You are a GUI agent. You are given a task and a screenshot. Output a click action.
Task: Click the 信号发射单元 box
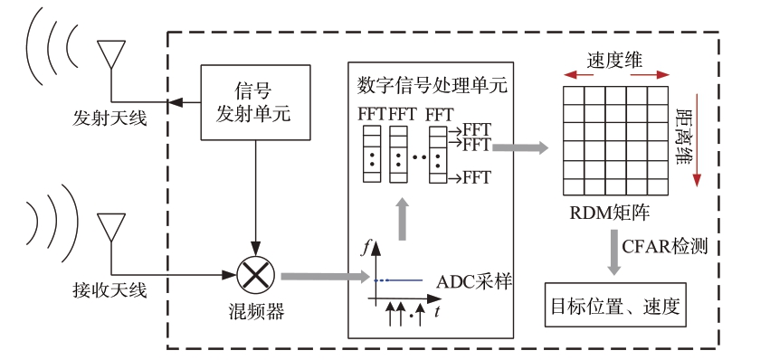point(255,102)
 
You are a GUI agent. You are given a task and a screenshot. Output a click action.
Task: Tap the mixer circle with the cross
point(256,276)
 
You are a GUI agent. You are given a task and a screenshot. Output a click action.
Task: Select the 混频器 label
point(256,311)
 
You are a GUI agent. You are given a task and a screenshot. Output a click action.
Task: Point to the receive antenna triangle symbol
point(111,227)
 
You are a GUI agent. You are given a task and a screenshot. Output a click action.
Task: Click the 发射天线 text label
point(109,118)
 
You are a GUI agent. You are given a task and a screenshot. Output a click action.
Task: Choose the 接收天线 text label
point(109,290)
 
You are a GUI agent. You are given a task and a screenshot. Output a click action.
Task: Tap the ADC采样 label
point(474,282)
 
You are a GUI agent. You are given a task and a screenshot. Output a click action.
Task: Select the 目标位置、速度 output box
point(615,305)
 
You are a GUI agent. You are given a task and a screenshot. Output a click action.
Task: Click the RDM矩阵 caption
point(610,213)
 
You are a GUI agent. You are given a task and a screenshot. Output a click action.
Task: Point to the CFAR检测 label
point(665,246)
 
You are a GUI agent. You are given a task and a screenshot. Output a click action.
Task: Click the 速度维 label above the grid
point(614,61)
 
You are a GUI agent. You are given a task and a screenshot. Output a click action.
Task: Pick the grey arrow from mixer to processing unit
point(325,277)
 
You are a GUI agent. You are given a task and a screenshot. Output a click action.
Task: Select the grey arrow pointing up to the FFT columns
point(402,219)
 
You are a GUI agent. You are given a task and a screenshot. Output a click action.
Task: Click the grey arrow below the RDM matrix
point(613,251)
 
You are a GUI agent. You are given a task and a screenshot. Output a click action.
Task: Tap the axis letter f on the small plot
point(364,249)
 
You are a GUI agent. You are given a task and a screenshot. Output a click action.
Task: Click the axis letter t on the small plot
point(436,311)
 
